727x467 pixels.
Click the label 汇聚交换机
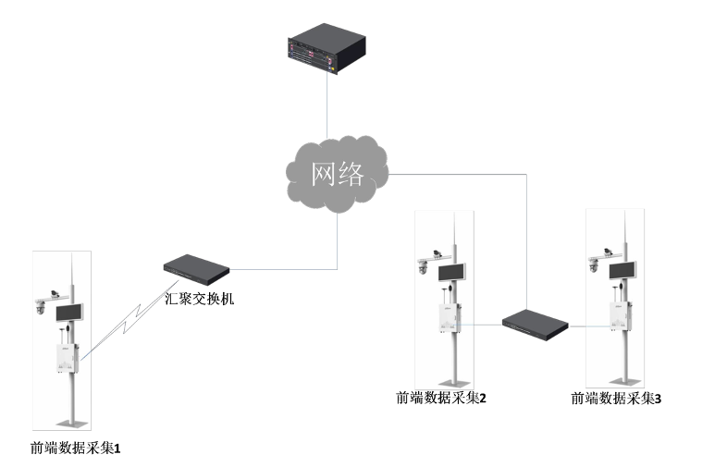point(200,299)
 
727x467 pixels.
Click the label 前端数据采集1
point(76,449)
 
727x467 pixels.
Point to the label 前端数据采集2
point(441,398)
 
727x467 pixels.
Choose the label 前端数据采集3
point(617,399)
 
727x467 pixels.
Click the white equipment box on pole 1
point(64,358)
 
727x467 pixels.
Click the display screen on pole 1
point(70,313)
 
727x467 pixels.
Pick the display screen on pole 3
point(622,269)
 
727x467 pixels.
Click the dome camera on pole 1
point(40,308)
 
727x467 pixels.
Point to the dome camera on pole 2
point(422,268)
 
